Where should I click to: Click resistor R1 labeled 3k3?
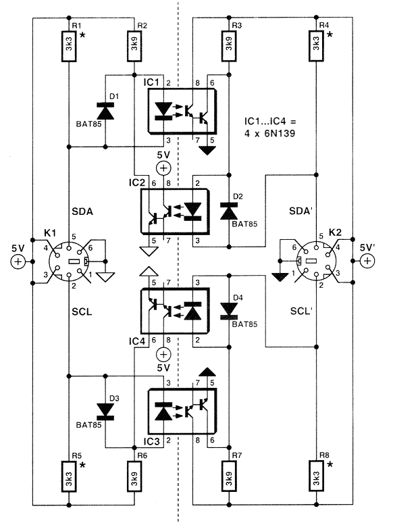(69, 46)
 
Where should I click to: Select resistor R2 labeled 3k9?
(134, 46)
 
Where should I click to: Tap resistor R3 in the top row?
(229, 46)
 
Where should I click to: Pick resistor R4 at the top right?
(316, 46)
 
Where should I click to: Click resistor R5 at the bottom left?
(69, 476)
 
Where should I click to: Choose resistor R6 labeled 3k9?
(134, 476)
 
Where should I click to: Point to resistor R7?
(229, 476)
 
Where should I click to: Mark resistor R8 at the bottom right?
(316, 476)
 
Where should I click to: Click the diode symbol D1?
(105, 111)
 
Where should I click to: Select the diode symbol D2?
(229, 211)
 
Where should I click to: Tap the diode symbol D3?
(105, 411)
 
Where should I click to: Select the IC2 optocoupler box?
(176, 211)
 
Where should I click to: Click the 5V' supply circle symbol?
(367, 261)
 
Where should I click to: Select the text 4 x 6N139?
(269, 133)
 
